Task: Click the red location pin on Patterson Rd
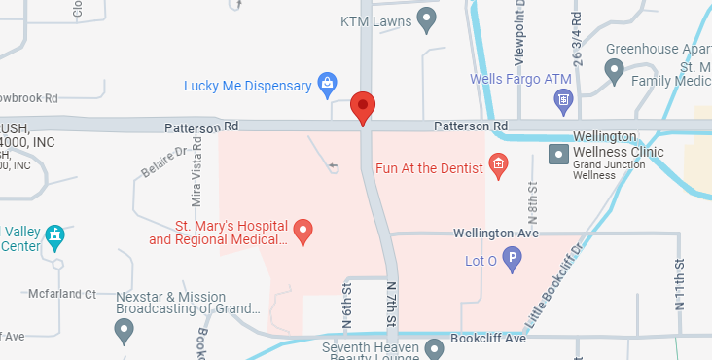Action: click(363, 107)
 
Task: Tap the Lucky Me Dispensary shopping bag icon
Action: click(330, 85)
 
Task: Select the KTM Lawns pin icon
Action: click(426, 18)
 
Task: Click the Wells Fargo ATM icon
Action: click(562, 98)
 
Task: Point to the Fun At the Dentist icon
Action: click(499, 166)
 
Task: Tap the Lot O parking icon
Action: click(511, 260)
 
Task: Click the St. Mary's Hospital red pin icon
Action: click(303, 232)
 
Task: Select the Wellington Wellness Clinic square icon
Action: click(558, 153)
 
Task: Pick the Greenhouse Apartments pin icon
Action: click(614, 69)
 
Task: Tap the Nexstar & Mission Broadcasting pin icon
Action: click(124, 331)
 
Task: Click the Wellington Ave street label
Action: click(496, 234)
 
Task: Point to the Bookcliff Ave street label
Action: click(487, 338)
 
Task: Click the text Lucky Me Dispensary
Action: click(248, 86)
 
